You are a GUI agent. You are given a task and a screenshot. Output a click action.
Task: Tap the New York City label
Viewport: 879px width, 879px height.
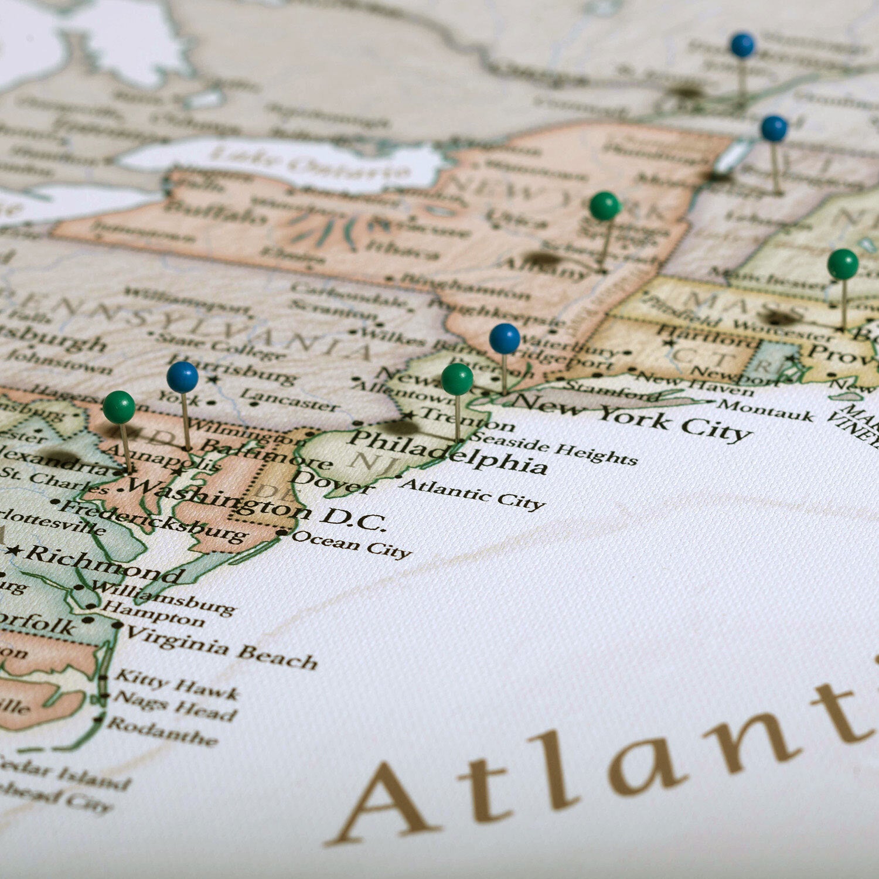pos(633,417)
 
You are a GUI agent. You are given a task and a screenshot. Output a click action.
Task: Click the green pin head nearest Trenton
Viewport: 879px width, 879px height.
pos(457,379)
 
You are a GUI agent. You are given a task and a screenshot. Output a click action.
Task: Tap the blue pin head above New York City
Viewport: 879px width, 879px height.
pos(505,339)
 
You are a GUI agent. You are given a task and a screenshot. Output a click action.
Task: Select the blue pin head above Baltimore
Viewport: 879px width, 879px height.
pos(182,377)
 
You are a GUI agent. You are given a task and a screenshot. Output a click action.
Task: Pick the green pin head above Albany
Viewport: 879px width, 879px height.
pos(605,206)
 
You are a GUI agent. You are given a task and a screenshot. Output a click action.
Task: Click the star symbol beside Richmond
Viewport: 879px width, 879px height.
pos(14,551)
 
